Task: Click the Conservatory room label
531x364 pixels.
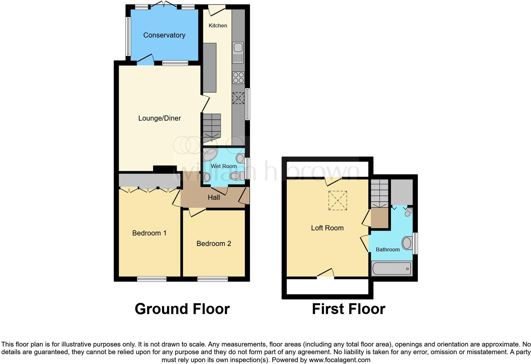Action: [164, 35]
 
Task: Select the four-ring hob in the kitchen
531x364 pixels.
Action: [238, 77]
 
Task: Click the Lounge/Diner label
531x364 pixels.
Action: [159, 118]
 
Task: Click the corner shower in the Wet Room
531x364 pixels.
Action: [210, 155]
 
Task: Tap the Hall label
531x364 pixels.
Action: [214, 198]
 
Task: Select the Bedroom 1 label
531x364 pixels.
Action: [149, 233]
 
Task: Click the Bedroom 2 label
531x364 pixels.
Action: [214, 244]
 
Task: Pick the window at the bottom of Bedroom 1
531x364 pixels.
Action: [152, 279]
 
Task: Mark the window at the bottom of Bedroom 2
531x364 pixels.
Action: [212, 279]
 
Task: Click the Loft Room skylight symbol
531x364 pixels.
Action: [338, 200]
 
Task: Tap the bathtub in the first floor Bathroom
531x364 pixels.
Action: [392, 269]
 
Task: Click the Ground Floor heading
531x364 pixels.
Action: [182, 309]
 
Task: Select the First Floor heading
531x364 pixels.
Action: [348, 309]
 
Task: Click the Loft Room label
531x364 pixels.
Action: [327, 228]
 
